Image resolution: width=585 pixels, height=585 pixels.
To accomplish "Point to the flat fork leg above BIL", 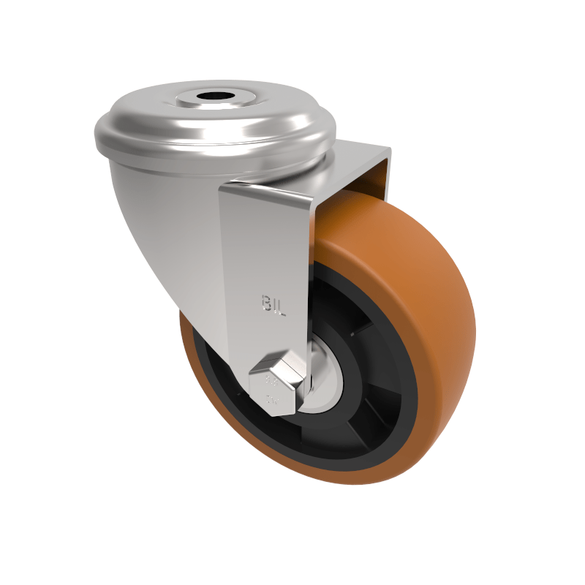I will coord(263,241).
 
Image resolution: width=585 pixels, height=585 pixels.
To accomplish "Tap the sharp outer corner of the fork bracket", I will coord(389,150).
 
